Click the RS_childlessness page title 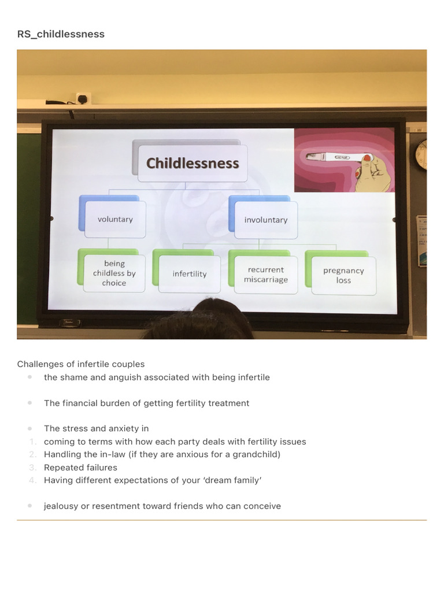point(61,34)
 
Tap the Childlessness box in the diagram point(192,164)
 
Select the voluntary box point(115,220)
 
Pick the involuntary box point(265,220)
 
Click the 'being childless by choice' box point(114,273)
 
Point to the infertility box point(189,274)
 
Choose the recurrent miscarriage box point(265,275)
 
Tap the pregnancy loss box point(343,275)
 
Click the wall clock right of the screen point(421,155)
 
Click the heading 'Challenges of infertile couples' point(81,364)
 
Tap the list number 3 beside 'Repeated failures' point(33,467)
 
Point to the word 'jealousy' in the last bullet point(61,506)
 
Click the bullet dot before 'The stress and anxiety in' point(29,428)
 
